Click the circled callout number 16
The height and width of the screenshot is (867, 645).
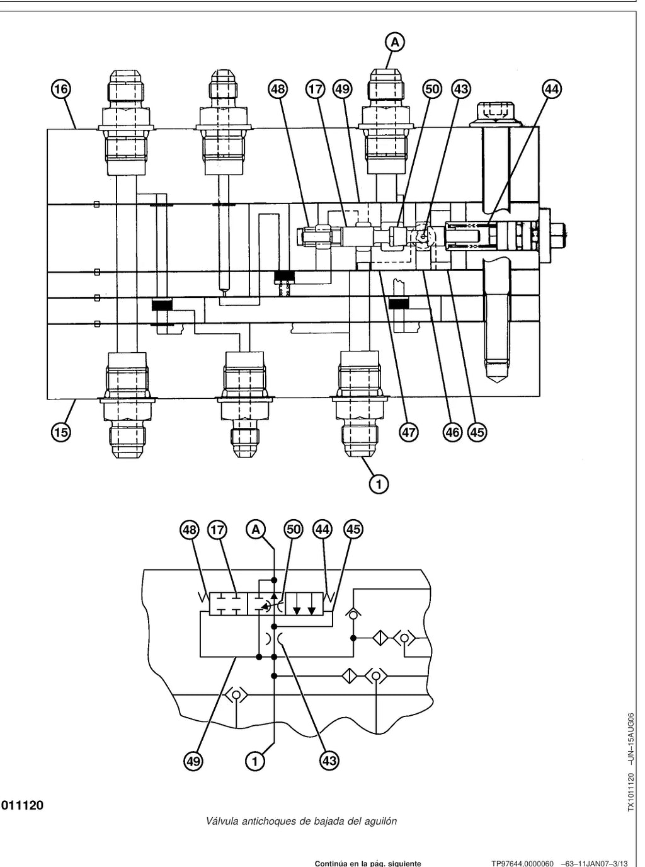60,89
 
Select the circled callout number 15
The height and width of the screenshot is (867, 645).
60,433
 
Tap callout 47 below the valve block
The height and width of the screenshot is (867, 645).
409,433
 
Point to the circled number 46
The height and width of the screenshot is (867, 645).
452,433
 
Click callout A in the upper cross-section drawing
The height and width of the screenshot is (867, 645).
395,42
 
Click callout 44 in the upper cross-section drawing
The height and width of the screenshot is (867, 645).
552,89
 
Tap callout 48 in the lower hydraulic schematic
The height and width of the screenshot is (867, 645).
189,530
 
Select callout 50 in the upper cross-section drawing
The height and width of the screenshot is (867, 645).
432,89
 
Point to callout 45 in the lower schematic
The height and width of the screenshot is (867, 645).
353,530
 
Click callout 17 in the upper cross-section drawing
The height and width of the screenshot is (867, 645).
315,89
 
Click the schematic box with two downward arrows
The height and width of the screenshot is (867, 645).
304,604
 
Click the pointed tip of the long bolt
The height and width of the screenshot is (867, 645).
497,382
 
